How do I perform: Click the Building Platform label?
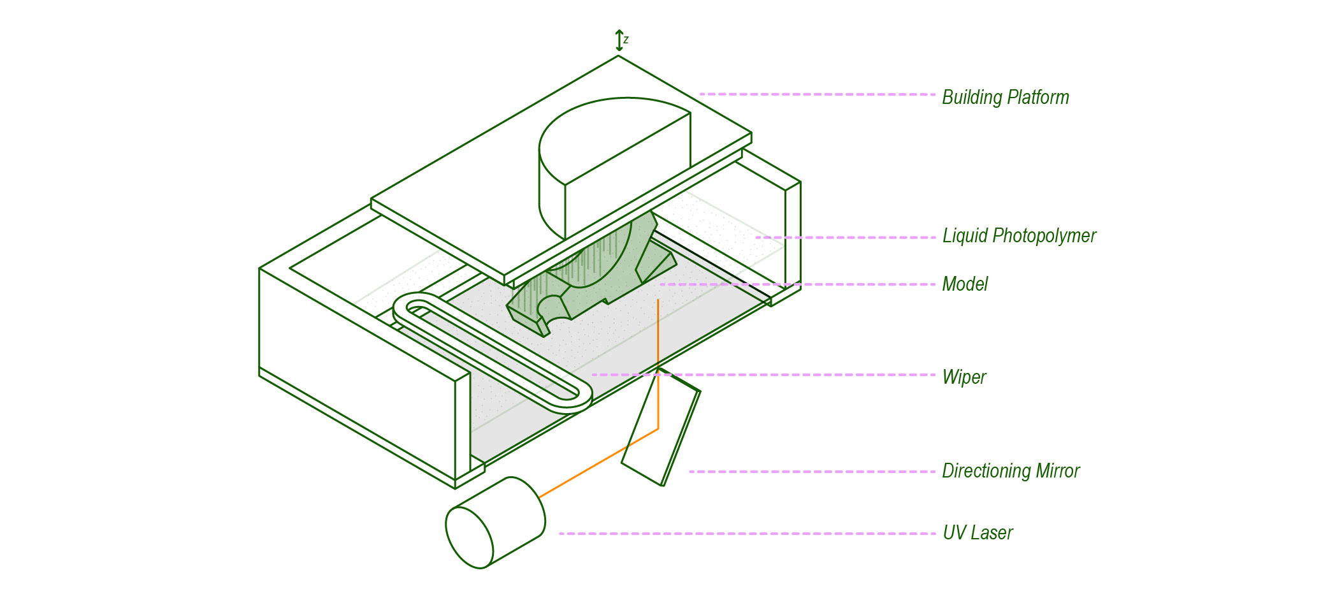tap(1005, 98)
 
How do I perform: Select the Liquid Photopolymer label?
tap(1019, 236)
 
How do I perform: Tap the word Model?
tap(965, 284)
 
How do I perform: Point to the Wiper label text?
tap(964, 377)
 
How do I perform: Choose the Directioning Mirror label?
tap(1011, 471)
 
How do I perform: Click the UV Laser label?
tap(978, 533)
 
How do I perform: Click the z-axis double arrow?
tap(619, 40)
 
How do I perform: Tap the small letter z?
tap(626, 40)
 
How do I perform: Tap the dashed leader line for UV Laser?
tap(746, 534)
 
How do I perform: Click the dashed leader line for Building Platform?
tap(816, 94)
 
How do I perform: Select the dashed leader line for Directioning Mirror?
tap(809, 472)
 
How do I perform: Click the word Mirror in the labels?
tap(1058, 471)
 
